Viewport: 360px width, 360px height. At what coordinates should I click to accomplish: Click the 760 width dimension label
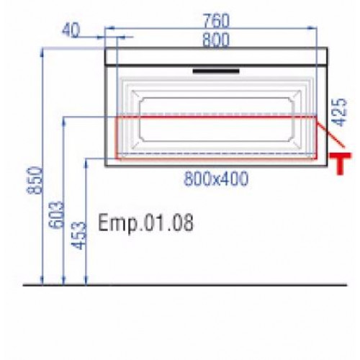point(216,20)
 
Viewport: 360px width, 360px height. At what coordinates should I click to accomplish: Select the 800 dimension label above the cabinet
point(216,40)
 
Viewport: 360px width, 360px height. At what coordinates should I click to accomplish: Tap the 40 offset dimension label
point(71,31)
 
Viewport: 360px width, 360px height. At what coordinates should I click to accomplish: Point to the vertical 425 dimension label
point(341,112)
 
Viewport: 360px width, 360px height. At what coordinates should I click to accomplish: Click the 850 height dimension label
point(35,180)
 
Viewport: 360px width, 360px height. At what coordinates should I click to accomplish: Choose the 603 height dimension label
point(56,215)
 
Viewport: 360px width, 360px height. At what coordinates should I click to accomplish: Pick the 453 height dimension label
point(78,235)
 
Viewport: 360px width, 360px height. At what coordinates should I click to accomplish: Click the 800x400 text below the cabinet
point(216,179)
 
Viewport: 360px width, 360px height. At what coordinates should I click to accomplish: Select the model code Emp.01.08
point(145,223)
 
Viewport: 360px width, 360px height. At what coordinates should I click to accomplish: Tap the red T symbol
point(340,163)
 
